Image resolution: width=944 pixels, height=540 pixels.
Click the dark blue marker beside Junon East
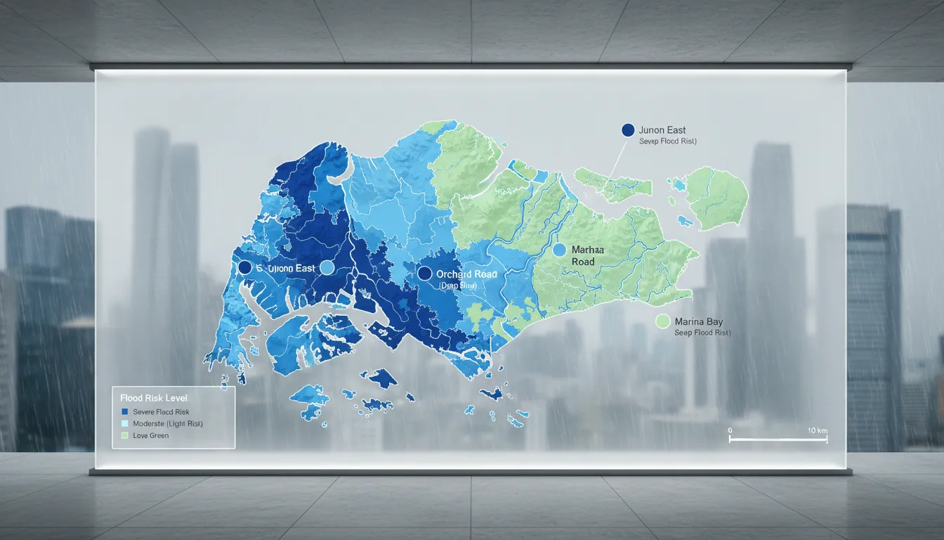point(628,130)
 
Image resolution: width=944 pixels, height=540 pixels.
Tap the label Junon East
point(662,130)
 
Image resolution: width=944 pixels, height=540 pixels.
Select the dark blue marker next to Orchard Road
point(424,274)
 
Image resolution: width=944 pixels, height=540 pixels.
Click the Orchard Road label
point(466,274)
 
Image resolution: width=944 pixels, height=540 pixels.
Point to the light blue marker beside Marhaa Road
point(560,250)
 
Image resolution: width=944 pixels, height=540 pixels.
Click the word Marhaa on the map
point(588,250)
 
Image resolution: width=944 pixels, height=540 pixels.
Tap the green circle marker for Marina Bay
point(662,321)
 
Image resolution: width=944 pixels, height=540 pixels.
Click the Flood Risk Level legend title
point(154,398)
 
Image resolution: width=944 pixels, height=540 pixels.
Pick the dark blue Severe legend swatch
point(125,411)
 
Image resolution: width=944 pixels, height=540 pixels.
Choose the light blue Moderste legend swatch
point(125,423)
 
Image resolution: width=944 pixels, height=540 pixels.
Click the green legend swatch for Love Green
point(125,435)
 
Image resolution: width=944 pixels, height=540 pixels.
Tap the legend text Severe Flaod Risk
point(161,411)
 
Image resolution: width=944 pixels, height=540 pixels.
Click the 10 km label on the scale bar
point(818,430)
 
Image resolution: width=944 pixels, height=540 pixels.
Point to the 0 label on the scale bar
point(730,430)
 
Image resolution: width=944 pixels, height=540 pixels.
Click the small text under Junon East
point(667,141)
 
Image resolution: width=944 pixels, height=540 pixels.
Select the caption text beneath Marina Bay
point(702,333)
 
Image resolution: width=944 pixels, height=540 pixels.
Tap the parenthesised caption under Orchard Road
point(457,286)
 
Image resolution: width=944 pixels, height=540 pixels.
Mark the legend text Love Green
point(150,435)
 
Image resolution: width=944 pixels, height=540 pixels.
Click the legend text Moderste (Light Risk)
point(168,423)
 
